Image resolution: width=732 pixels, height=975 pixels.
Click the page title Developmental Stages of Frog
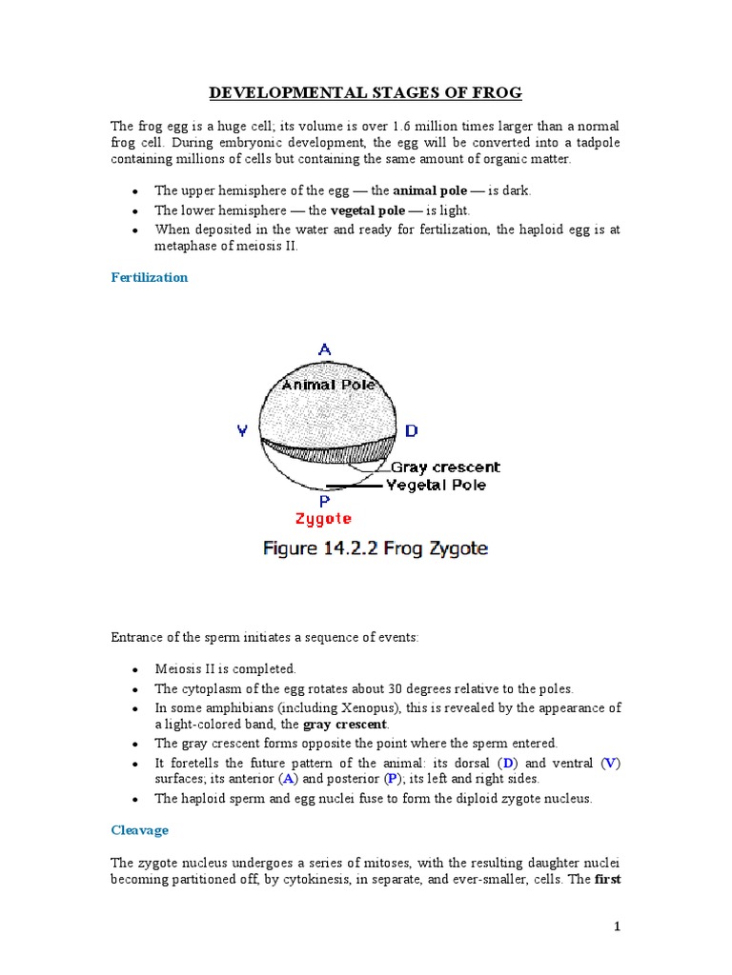[366, 92]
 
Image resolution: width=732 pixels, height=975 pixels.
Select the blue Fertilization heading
[150, 277]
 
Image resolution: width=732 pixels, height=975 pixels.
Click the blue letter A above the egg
[324, 350]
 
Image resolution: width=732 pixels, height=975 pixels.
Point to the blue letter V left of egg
[243, 431]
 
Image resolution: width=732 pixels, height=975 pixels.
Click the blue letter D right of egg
[411, 431]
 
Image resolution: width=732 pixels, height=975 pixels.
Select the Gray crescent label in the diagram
[445, 468]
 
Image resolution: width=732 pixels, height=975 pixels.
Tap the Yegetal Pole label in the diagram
[436, 485]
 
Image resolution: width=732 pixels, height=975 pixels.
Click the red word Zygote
[323, 519]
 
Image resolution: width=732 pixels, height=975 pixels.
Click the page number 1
[619, 927]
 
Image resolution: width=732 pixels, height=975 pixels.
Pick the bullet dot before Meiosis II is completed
[138, 669]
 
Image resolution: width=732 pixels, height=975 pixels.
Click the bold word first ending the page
[607, 879]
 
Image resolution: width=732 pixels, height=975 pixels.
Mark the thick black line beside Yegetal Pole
[353, 487]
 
